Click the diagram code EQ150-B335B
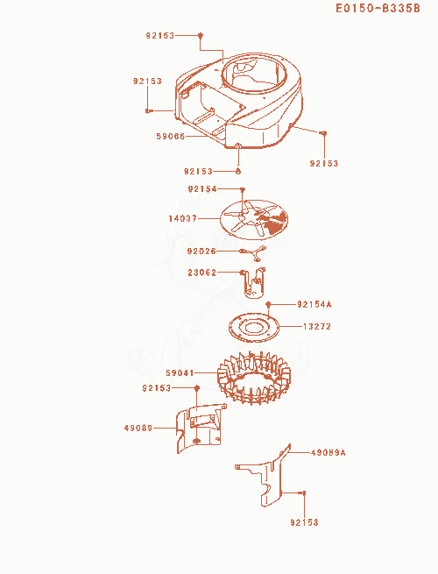(x=378, y=8)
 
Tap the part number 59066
(x=171, y=136)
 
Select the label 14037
(x=182, y=218)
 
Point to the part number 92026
(x=201, y=252)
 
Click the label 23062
(x=202, y=273)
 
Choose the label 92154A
(x=314, y=304)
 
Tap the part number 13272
(x=317, y=326)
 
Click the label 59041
(x=180, y=373)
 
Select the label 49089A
(x=328, y=453)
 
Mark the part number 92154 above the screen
(x=202, y=189)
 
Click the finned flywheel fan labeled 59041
(x=253, y=379)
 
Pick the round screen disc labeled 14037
(x=253, y=220)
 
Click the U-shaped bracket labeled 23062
(x=254, y=283)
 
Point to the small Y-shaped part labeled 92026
(x=258, y=253)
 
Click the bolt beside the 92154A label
(x=268, y=304)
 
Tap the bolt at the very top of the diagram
(x=200, y=36)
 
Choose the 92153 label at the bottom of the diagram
(x=305, y=522)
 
